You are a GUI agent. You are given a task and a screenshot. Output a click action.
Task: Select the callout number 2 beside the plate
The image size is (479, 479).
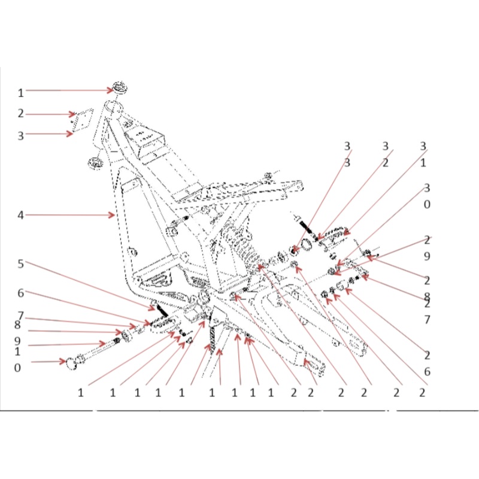tap(20, 114)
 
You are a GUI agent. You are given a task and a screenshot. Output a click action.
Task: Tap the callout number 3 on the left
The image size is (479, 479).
tap(20, 135)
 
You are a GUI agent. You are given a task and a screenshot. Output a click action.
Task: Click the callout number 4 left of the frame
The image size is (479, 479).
tap(20, 215)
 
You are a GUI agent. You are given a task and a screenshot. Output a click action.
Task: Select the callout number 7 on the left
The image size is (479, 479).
tap(20, 316)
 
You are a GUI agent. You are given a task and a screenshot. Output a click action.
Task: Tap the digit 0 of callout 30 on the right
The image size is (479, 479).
tap(427, 204)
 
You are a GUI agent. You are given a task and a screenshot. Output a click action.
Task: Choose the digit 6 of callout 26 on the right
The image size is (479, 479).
tap(427, 371)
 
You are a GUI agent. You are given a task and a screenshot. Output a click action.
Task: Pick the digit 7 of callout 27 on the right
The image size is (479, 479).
tap(427, 320)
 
